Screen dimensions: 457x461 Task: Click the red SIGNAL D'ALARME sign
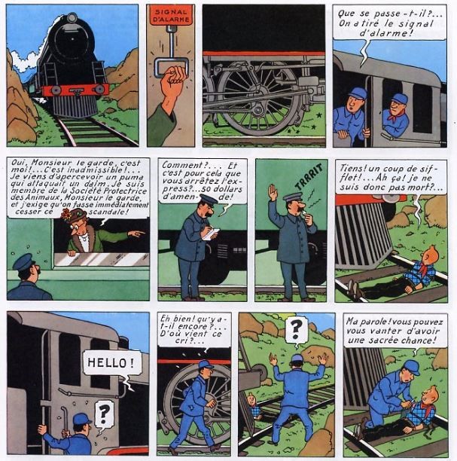[x=171, y=16]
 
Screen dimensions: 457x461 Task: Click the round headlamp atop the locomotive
[x=72, y=18]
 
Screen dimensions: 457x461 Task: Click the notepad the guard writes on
[x=211, y=234]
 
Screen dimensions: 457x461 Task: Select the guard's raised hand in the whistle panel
[x=272, y=193]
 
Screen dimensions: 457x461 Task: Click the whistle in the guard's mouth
[x=304, y=211]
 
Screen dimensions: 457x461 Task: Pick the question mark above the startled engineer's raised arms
[x=296, y=328]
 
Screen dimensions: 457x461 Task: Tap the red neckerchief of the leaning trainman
[x=395, y=115]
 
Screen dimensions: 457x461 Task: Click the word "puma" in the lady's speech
[x=133, y=177]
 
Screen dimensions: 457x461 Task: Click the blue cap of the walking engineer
[x=206, y=365]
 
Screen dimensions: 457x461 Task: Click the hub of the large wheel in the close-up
[x=258, y=111]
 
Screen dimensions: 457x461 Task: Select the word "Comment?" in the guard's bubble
[x=181, y=165]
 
